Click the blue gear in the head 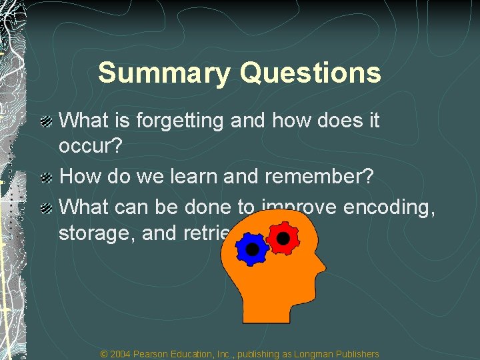252,249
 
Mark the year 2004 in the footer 121,354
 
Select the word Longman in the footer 315,354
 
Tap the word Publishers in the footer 357,354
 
